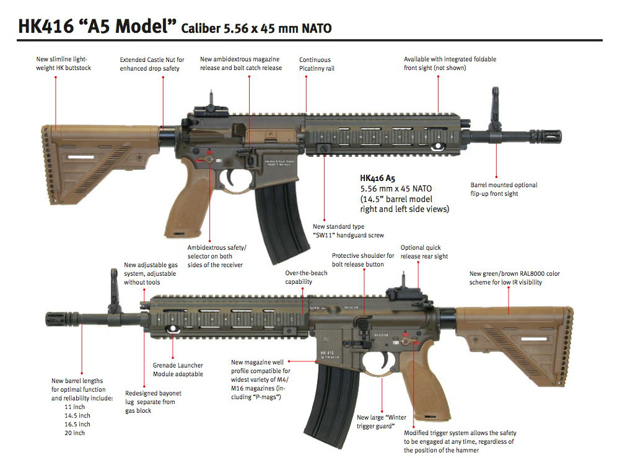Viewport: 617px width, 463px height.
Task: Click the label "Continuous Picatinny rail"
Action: pos(317,64)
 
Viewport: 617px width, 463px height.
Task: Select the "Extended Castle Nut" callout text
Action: pos(152,64)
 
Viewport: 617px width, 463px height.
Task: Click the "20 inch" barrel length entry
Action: pos(74,433)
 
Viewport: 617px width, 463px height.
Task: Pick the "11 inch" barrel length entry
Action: pos(74,407)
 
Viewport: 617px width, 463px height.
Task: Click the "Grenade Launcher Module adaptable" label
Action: pos(178,370)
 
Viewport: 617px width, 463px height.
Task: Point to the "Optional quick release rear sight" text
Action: pos(424,252)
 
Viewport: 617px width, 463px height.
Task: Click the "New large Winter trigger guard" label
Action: pos(381,421)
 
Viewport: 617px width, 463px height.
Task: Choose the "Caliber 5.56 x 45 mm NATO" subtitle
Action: pos(256,29)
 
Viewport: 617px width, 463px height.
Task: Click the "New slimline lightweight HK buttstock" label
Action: pos(63,63)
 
